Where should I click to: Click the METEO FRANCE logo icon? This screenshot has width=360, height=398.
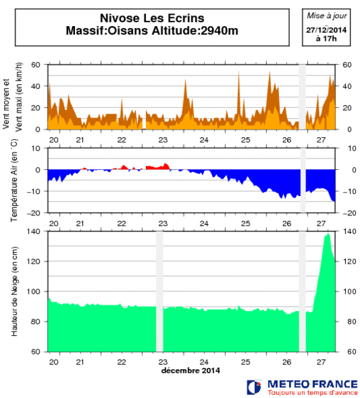254,386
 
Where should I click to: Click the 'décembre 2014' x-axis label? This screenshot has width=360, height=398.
191,370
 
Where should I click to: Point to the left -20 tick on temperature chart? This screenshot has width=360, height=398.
36,213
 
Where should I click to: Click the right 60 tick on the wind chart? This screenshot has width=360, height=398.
347,65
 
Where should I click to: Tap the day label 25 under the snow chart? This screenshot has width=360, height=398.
246,361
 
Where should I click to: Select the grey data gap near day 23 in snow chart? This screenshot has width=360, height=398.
160,291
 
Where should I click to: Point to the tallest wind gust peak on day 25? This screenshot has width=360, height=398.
238,74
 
